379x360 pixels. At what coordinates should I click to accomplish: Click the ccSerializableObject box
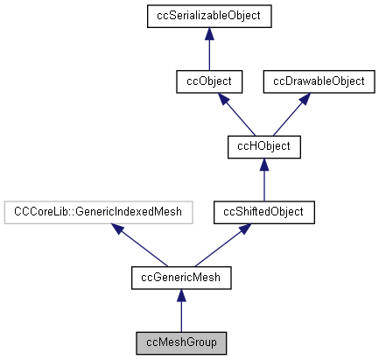[x=208, y=16]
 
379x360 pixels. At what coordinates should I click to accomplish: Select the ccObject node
[x=208, y=81]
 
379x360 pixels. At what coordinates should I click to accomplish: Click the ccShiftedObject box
[x=264, y=212]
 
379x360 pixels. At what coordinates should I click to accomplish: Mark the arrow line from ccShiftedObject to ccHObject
[x=264, y=184]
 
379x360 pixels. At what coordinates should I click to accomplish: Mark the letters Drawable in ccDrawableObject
[x=313, y=81]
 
